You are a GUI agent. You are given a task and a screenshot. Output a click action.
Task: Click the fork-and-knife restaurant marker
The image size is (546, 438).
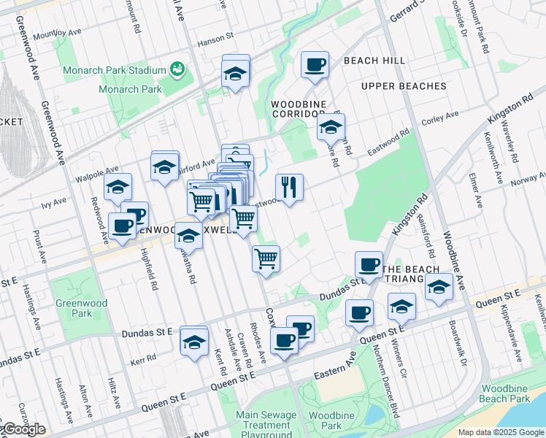coord(290,188)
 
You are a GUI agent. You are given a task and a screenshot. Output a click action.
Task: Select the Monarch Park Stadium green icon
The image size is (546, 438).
coord(176,70)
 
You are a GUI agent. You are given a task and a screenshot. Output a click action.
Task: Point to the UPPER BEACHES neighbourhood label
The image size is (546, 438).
coord(403,86)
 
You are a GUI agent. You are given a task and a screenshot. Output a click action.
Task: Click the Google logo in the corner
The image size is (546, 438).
coord(23,429)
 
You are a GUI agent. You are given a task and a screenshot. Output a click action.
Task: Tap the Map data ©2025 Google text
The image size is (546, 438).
coord(501,432)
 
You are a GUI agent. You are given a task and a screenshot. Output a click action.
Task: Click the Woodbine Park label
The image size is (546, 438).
coord(326,420)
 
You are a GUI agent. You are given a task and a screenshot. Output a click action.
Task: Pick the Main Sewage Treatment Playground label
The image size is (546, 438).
coord(266,425)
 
